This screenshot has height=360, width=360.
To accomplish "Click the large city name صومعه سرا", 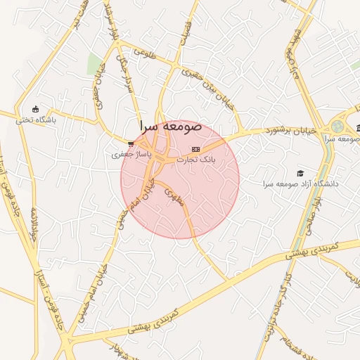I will click(x=170, y=127).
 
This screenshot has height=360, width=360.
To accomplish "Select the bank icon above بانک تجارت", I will click(x=195, y=149).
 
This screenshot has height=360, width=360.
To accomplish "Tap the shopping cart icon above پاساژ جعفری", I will click(x=131, y=143).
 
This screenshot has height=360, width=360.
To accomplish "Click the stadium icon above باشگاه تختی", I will click(x=35, y=108).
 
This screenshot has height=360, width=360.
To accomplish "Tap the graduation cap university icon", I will click(x=301, y=173).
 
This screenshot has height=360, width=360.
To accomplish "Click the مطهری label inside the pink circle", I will click(x=174, y=196).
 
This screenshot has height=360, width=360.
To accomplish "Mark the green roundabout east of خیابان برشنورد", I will click(x=338, y=127).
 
